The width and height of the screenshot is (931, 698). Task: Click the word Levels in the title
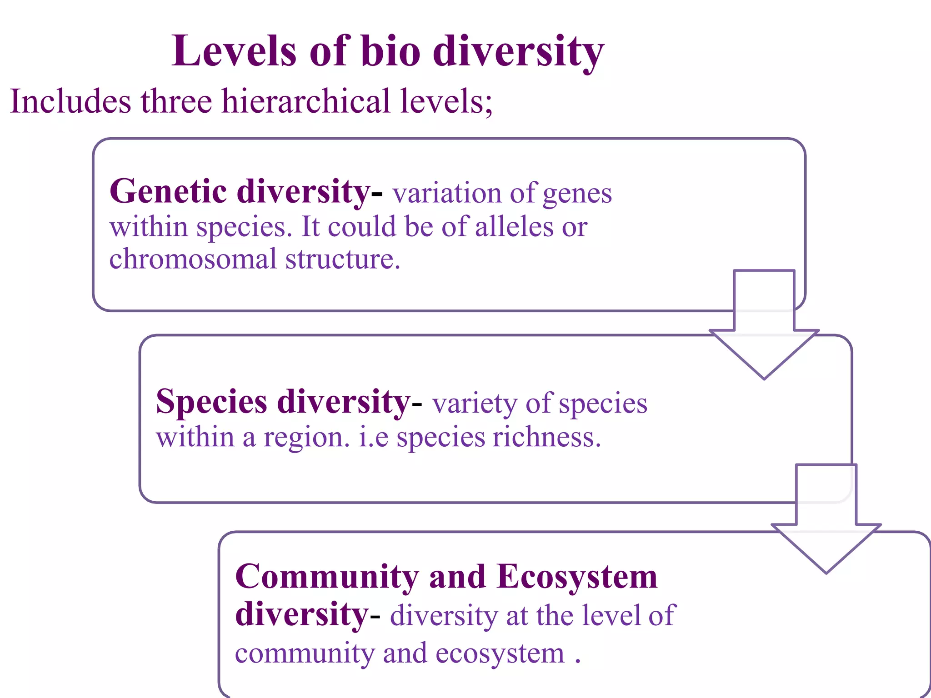(235, 51)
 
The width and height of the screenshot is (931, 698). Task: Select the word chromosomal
(193, 259)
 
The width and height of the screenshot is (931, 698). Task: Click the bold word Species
(211, 402)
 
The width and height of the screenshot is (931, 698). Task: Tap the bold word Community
(327, 577)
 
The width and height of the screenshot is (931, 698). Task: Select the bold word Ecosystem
(577, 577)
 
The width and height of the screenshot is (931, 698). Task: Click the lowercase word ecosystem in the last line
(500, 653)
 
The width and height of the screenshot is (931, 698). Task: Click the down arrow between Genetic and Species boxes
(764, 332)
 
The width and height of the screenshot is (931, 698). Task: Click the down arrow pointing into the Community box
(826, 527)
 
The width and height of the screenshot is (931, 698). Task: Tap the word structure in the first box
(342, 259)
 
